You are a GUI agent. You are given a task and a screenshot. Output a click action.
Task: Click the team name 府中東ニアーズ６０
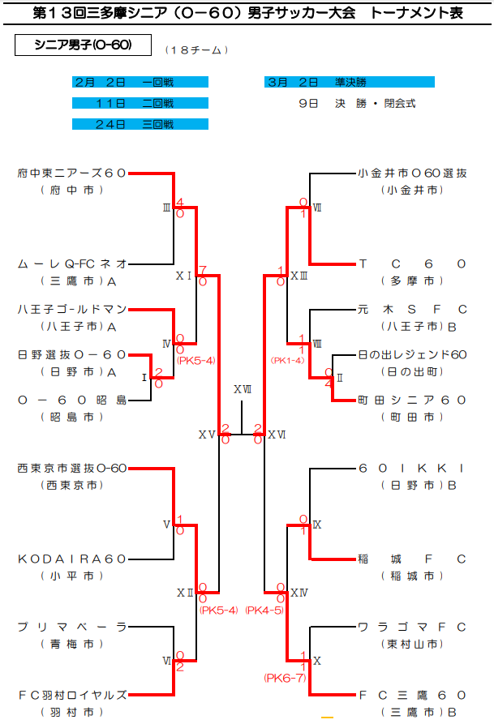[71, 173]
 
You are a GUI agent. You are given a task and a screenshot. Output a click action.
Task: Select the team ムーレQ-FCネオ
[71, 263]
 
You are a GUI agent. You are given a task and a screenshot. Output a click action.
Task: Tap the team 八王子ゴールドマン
[71, 309]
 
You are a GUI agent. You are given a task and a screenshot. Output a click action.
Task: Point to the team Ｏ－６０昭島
[71, 400]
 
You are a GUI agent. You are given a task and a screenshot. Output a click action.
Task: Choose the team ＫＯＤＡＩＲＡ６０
[71, 559]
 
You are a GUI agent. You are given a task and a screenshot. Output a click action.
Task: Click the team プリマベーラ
[71, 627]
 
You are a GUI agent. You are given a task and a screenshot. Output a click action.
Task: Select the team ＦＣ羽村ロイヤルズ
[71, 695]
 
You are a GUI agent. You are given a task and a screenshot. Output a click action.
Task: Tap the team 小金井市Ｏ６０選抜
[413, 173]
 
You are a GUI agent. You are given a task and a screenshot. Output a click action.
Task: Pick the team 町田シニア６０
[413, 400]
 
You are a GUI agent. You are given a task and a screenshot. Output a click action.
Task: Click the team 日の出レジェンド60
[413, 354]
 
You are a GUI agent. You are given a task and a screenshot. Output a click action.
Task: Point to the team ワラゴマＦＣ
[413, 627]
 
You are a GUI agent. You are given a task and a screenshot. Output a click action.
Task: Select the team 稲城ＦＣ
[413, 559]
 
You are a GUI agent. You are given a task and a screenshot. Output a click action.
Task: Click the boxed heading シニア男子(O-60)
[84, 45]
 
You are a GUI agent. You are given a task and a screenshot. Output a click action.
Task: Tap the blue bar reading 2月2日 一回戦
[140, 82]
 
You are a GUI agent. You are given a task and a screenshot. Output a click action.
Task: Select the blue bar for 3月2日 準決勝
[350, 82]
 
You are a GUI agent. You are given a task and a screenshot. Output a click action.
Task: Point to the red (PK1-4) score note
[288, 360]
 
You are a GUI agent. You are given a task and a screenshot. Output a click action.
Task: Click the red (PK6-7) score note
[285, 678]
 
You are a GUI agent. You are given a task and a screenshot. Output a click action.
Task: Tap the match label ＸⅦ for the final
[242, 389]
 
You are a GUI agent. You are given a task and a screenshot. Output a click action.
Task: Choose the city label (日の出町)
[413, 371]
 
